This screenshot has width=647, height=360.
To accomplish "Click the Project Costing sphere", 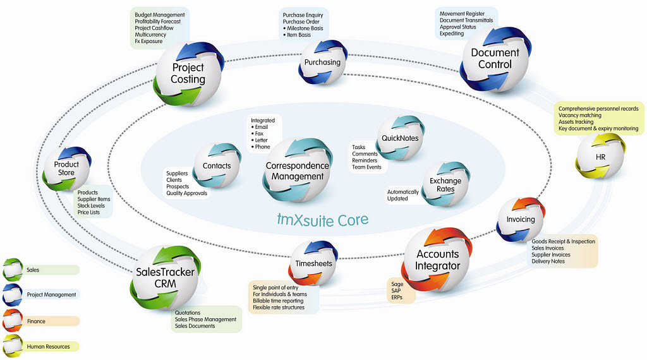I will tap(188, 73).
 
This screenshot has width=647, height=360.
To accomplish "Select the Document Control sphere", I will tap(495, 59).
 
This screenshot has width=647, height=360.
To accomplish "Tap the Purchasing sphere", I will tap(322, 63).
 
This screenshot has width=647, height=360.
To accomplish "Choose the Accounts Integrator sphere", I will tap(437, 260).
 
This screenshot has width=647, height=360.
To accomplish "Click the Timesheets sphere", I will tap(313, 263).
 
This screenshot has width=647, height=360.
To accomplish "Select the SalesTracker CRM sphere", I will tap(165, 278).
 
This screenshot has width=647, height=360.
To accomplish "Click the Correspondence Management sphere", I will tap(297, 171).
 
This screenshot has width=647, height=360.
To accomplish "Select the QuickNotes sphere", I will tap(400, 139).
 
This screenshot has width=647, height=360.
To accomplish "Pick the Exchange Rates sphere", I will tap(445, 185).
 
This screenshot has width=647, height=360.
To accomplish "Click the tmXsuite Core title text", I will tap(323, 220).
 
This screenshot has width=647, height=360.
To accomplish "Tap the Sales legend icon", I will tap(13, 270).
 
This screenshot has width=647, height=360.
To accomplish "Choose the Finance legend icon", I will tap(13, 321).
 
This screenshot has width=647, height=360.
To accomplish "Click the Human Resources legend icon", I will tap(13, 346).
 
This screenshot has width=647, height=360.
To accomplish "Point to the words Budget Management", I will tap(160, 15).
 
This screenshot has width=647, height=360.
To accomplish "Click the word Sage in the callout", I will tap(397, 284).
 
